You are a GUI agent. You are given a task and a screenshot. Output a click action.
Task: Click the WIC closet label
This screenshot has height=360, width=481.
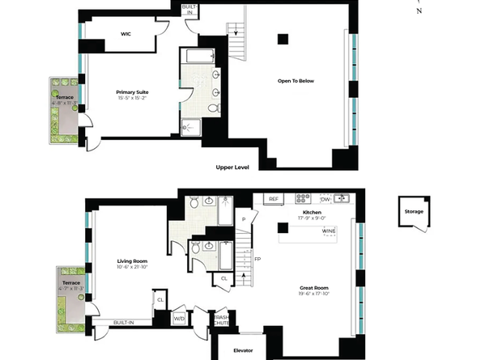coord(126,34)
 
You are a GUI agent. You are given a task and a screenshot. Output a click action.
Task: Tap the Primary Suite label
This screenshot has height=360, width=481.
coord(132,92)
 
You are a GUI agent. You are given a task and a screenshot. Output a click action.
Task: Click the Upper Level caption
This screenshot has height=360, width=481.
coord(232,167)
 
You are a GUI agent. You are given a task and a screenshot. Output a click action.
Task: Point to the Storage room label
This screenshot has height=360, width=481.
coord(413,212)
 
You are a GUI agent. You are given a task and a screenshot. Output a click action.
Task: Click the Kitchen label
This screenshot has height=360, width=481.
coord(313,211)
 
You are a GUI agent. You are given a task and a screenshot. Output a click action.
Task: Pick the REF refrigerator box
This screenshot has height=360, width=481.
coord(274,198)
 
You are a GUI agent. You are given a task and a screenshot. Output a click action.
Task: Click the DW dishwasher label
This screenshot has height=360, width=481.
coord(325,198)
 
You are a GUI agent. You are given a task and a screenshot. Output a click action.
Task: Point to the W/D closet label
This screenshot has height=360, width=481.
coord(179,318)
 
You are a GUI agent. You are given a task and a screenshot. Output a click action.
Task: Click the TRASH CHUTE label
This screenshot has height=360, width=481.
coord(221,318)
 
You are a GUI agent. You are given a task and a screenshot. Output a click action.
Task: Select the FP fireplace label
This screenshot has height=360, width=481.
coord(258,260)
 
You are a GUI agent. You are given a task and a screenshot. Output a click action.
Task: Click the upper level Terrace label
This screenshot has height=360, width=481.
coord(65,97)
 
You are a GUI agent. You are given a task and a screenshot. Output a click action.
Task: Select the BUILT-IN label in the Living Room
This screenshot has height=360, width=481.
coord(124,321)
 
